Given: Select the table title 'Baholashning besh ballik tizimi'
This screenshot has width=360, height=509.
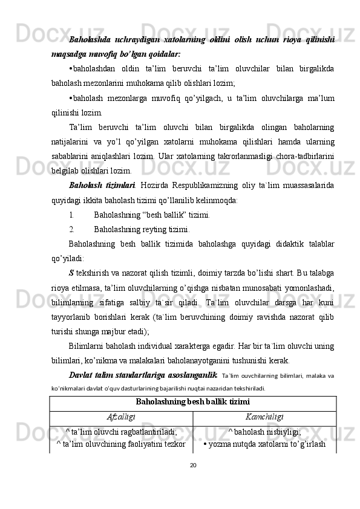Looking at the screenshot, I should pyautogui.click(x=193, y=401).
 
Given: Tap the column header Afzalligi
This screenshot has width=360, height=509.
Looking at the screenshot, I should pyautogui.click(x=121, y=417).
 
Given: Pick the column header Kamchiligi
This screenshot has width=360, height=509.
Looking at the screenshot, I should pyautogui.click(x=264, y=417).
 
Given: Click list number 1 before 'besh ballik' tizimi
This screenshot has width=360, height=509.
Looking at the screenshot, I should pyautogui.click(x=71, y=213).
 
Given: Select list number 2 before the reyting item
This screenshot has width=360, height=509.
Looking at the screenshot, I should pyautogui.click(x=71, y=229).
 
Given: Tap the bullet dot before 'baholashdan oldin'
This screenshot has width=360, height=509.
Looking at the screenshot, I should pyautogui.click(x=71, y=68).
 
